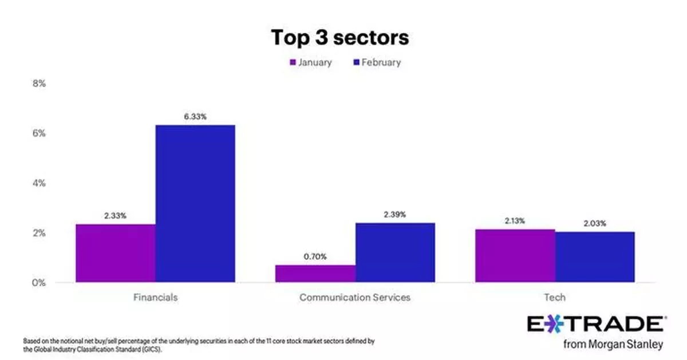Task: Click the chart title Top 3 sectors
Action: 340,38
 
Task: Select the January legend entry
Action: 310,62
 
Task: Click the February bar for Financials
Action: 195,203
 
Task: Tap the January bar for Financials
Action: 115,253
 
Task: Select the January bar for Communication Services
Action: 315,273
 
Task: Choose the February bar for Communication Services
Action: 395,252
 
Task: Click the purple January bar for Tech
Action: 515,255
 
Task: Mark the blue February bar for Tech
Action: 595,256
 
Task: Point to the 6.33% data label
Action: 195,117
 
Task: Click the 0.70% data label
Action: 315,257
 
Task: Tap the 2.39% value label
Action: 395,215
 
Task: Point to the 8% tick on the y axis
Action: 39,84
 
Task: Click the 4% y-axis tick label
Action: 39,183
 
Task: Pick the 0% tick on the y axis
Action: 39,283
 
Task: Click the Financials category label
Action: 155,298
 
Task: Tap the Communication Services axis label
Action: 355,298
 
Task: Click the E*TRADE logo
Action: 595,324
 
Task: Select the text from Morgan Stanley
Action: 613,345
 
